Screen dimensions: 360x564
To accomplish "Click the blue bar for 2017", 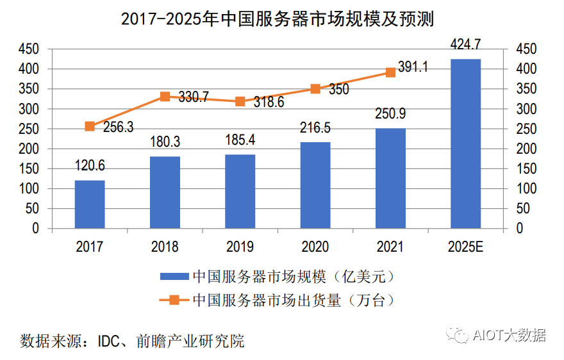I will (90, 204).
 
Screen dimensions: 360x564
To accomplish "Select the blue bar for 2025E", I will (465, 143).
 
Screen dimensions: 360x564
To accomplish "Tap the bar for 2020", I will (315, 185).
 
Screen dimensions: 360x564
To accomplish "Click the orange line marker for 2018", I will (165, 97).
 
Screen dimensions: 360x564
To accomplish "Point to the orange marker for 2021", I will (390, 72).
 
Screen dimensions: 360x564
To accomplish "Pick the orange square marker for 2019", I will (240, 101).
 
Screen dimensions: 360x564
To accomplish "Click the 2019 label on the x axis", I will (240, 247).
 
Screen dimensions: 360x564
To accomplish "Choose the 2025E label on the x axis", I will (465, 247).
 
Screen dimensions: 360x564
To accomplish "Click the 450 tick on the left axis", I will (28, 49).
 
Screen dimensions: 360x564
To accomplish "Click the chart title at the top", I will (278, 19).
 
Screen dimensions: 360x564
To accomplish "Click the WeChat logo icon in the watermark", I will (458, 335).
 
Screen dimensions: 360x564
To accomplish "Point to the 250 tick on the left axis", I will (28, 129).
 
